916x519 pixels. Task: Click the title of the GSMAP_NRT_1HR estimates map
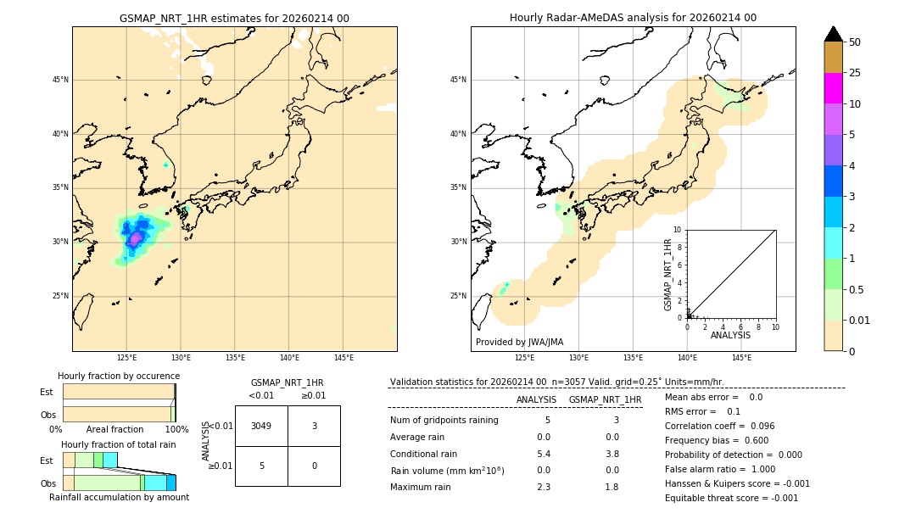234,18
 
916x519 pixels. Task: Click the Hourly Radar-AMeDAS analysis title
633,18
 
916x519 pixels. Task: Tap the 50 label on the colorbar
855,42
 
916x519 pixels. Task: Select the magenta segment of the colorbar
833,88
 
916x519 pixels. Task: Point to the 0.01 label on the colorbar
860,320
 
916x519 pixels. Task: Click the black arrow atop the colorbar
833,34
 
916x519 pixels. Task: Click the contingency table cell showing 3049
261,426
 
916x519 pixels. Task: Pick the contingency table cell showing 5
261,466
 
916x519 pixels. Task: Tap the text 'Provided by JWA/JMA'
519,342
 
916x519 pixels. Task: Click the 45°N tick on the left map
60,80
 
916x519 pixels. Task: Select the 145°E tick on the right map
741,358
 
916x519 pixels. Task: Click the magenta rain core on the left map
135,238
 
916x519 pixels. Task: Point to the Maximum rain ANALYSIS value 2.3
544,487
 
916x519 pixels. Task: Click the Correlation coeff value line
719,426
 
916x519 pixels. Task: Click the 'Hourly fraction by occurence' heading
119,376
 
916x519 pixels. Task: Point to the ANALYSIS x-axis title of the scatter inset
730,335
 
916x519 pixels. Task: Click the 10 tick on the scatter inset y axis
677,230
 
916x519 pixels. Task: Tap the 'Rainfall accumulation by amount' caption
119,497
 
